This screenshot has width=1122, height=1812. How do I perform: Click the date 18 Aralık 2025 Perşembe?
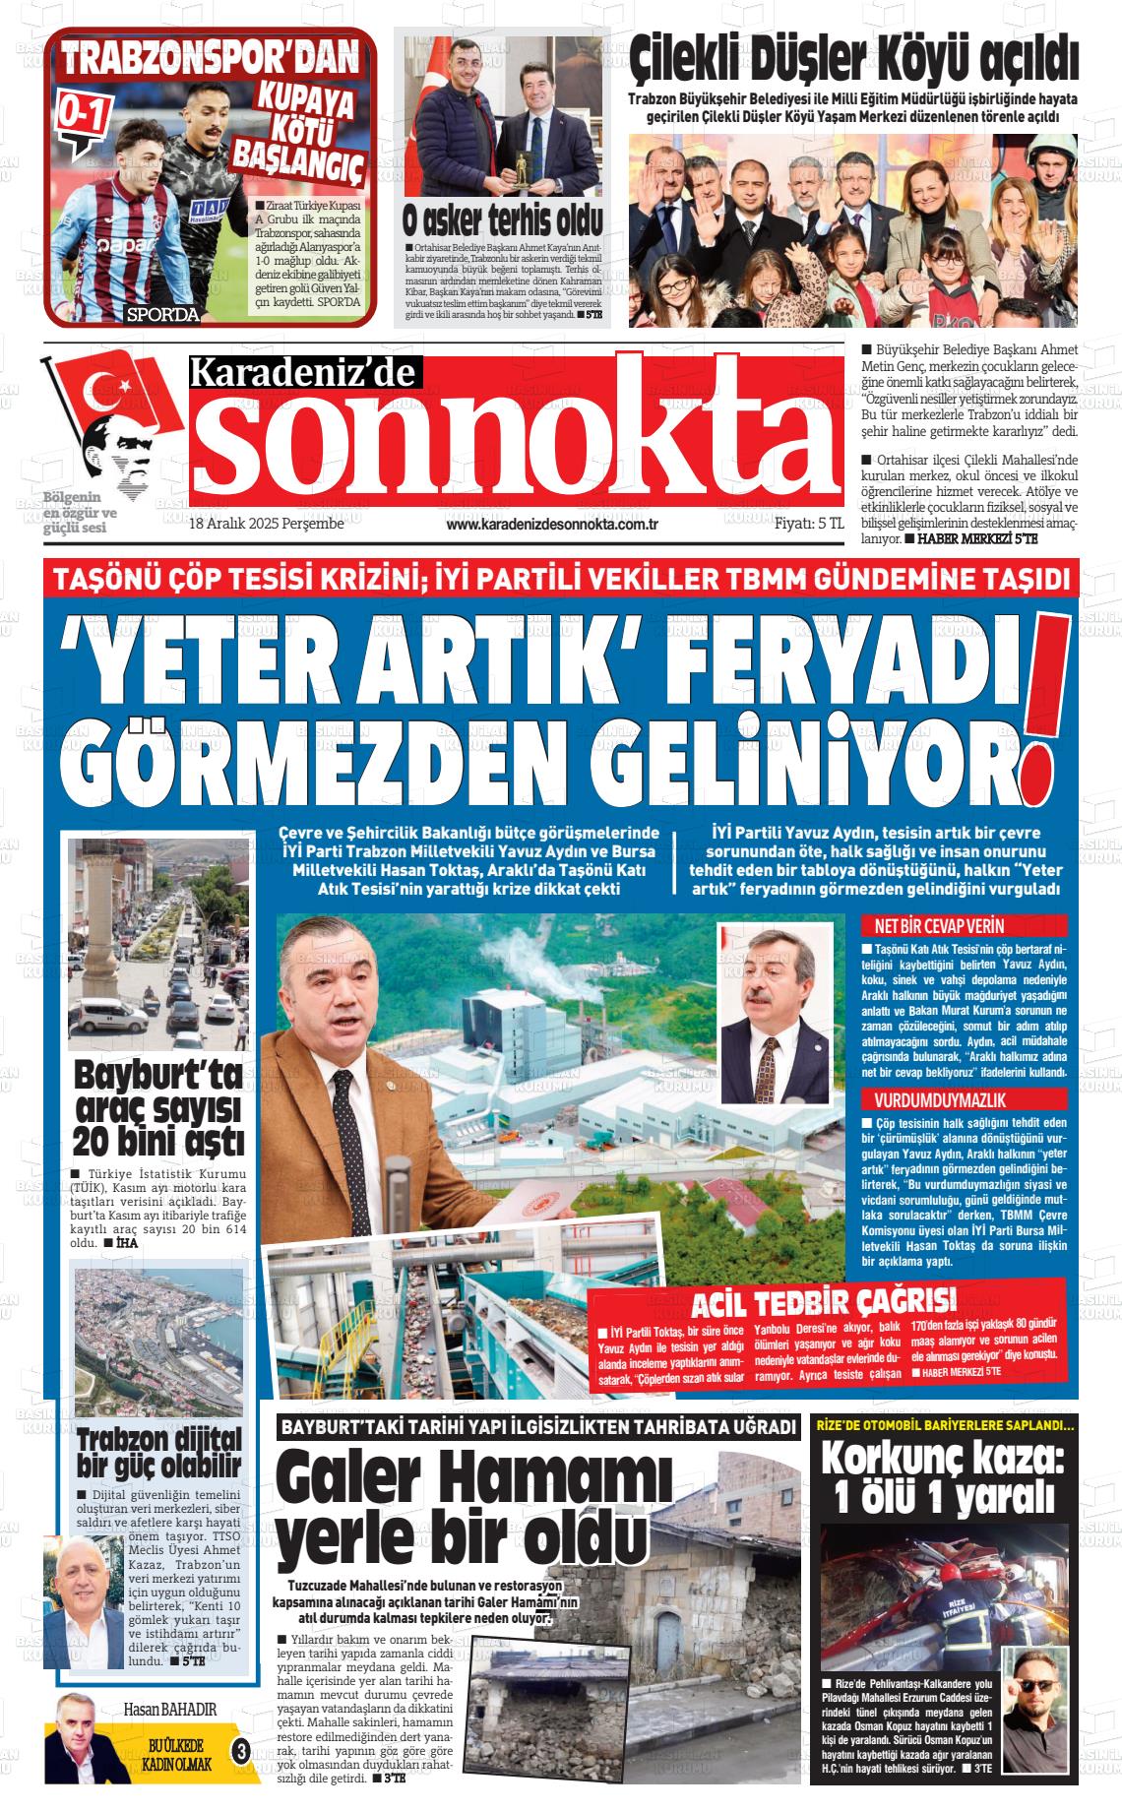(x=266, y=525)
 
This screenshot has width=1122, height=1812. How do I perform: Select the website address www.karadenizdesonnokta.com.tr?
(x=551, y=525)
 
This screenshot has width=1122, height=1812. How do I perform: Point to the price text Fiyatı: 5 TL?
(x=809, y=525)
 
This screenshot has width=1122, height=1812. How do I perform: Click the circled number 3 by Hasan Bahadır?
(x=240, y=1749)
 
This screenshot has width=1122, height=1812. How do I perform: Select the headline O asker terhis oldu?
(x=502, y=219)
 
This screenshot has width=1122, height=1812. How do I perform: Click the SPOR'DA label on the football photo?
(x=162, y=315)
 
